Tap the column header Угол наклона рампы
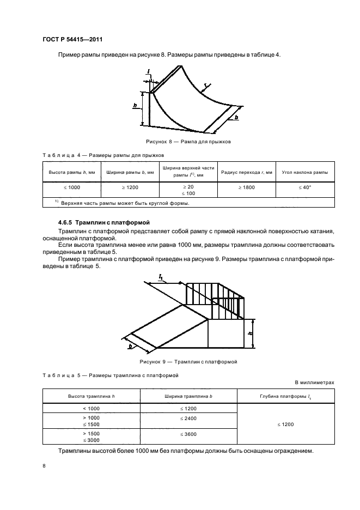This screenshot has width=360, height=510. tap(305, 172)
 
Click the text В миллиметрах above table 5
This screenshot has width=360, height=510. tap(314, 382)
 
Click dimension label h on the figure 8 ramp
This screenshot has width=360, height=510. tap(135, 106)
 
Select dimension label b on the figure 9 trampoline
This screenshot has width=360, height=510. tap(130, 345)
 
